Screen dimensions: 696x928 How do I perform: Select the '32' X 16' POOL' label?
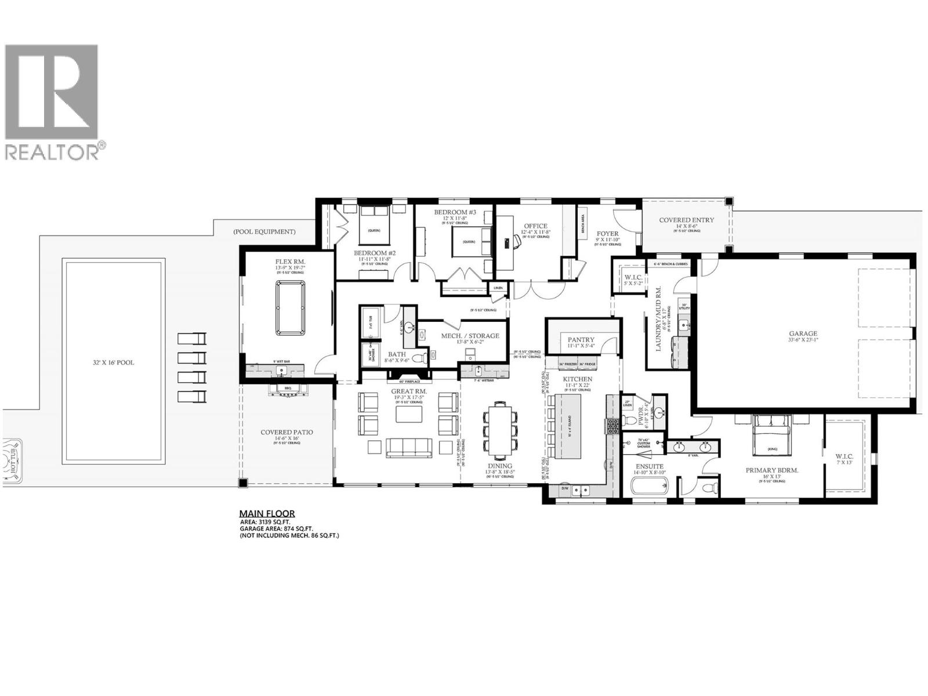(114, 362)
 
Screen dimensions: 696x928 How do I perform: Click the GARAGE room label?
(803, 333)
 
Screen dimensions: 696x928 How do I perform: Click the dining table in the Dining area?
(500, 430)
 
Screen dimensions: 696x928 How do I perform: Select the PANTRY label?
(581, 339)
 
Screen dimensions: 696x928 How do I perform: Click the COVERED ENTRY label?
(687, 220)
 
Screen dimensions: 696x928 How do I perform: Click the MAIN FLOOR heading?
(267, 513)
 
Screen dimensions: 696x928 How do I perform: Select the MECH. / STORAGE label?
(470, 336)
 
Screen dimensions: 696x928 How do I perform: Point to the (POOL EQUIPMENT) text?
(264, 231)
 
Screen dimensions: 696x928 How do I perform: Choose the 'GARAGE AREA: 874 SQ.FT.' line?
(277, 528)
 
